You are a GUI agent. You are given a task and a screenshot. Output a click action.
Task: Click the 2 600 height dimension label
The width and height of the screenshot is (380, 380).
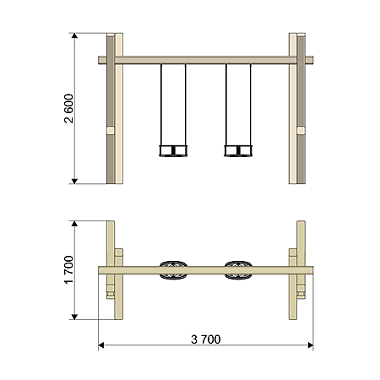(x=68, y=109)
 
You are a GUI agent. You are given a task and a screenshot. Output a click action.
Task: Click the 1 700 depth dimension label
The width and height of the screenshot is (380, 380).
(x=68, y=270)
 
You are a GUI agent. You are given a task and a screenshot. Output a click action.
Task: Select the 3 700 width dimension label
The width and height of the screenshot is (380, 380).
(x=206, y=339)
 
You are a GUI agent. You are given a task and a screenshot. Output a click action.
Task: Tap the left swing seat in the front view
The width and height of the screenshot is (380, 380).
(x=173, y=150)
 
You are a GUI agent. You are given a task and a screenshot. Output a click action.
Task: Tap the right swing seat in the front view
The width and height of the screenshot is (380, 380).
(x=238, y=150)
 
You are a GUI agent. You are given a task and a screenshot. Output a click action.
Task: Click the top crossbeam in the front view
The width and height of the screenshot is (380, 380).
(x=206, y=60)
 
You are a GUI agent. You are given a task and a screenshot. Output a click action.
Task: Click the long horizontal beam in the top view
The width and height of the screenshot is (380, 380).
(x=206, y=270)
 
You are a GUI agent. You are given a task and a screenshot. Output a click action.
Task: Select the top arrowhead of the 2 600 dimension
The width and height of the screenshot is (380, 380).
(x=74, y=35)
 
